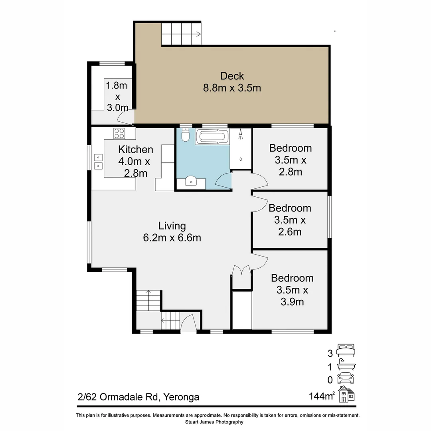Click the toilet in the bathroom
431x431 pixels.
pos(185,136)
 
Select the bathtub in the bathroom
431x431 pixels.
pos(212,137)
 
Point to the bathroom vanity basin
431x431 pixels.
pos(192,182)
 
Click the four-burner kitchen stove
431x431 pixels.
pos(119,133)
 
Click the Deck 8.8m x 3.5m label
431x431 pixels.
pos(232,81)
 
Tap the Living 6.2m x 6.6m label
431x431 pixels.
pos(172,232)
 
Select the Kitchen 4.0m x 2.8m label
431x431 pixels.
pos(135,161)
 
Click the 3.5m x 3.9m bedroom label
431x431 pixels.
pos(292,290)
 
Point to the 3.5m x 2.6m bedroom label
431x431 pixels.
pos(290,220)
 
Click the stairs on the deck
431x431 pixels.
pos(182,34)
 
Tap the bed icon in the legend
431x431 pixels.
pos(346,350)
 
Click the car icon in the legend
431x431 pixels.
pos(346,378)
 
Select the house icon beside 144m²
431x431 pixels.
pos(346,394)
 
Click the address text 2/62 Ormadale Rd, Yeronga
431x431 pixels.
pos(138,397)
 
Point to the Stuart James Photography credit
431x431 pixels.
pos(214,422)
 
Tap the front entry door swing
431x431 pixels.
pos(188,324)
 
